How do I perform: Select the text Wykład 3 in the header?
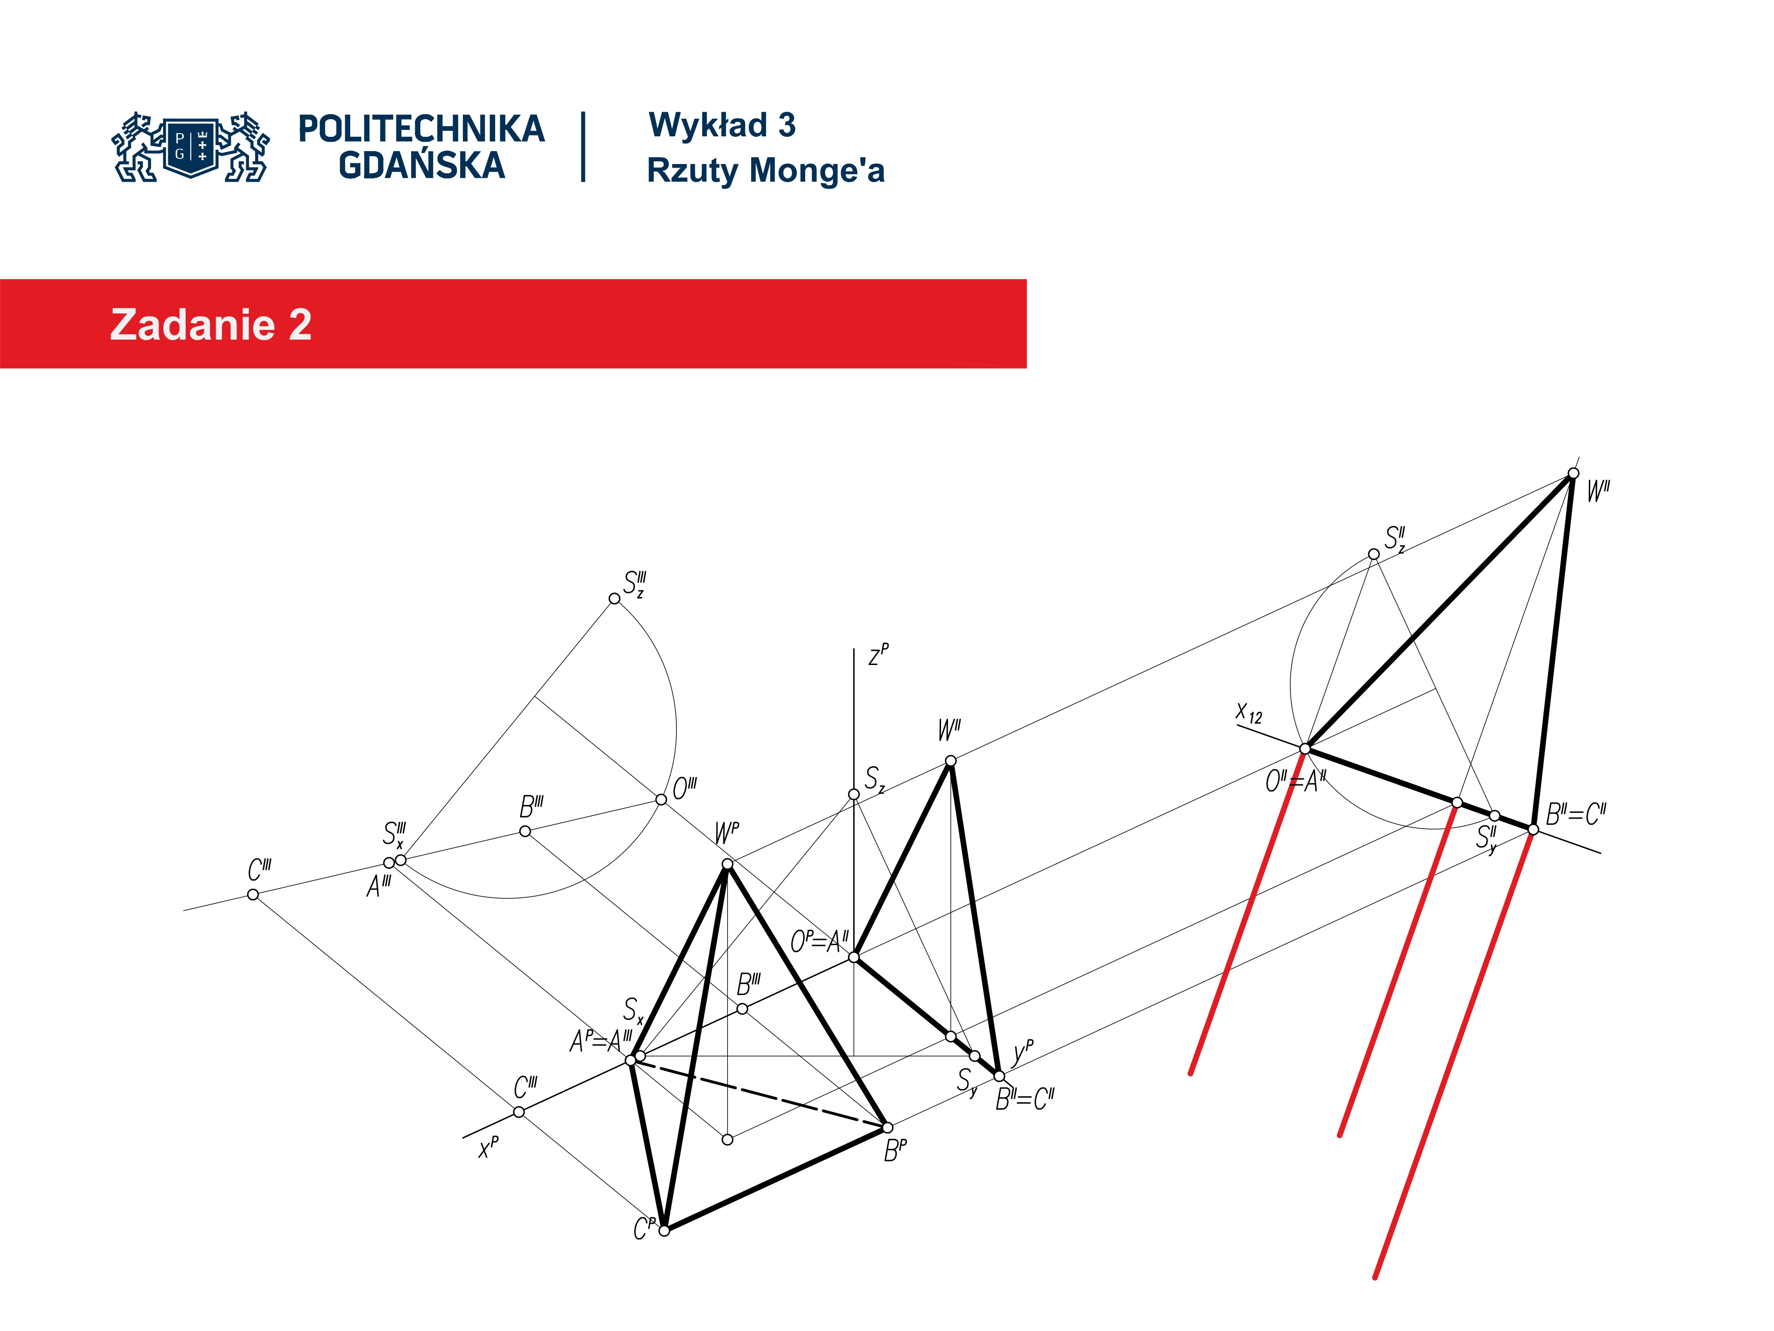click(722, 125)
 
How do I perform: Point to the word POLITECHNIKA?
click(421, 129)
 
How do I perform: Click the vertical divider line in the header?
click(583, 147)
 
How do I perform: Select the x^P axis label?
click(488, 1147)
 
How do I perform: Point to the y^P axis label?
click(1023, 1051)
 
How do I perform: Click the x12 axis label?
click(1249, 713)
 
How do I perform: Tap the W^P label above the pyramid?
click(727, 833)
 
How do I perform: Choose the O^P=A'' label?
click(819, 941)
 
